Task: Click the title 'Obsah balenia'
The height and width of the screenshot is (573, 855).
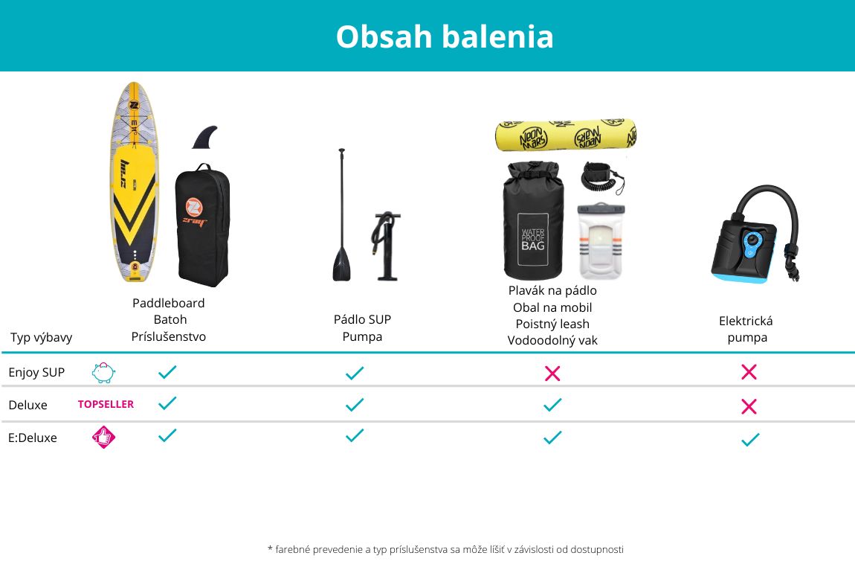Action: click(445, 36)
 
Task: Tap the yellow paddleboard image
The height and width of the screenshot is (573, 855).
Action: click(134, 182)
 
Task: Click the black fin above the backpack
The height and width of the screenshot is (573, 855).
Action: click(205, 137)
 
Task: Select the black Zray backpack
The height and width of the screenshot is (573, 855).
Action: click(202, 225)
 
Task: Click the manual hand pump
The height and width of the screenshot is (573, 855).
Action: click(386, 246)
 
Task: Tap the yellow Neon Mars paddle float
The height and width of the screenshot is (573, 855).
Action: click(566, 135)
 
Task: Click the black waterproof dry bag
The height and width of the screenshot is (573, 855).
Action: click(533, 220)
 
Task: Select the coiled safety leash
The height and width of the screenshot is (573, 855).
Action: click(602, 177)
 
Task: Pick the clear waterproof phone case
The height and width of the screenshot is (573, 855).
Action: click(601, 240)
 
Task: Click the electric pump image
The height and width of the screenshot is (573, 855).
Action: click(755, 234)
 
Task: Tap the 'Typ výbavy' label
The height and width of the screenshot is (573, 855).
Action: click(42, 337)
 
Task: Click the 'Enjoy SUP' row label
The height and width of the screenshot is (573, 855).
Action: click(36, 372)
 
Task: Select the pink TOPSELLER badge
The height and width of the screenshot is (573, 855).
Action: click(106, 404)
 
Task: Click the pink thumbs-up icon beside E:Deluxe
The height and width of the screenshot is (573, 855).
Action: click(103, 437)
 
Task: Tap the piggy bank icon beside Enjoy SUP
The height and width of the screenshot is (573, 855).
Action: click(103, 373)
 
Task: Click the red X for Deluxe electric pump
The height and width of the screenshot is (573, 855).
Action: click(749, 406)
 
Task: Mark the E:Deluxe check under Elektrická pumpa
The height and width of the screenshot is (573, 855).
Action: click(750, 439)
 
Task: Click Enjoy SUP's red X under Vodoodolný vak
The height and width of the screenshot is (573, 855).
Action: click(552, 374)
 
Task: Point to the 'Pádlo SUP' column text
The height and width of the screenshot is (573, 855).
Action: click(362, 320)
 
